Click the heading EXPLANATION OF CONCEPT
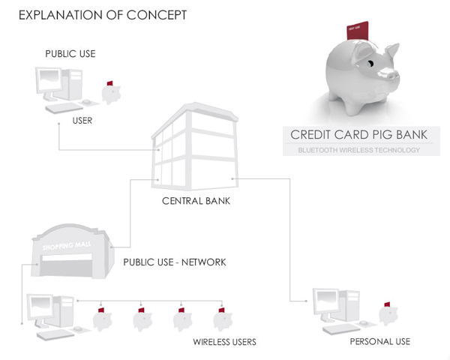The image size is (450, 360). pos(97,15)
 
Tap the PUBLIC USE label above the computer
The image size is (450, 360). pos(70,54)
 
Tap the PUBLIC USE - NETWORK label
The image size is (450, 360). pos(175,262)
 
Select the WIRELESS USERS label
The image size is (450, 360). pos(224,342)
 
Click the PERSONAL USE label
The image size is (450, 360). pos(379,342)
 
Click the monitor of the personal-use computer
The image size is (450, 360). pos(328,301)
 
